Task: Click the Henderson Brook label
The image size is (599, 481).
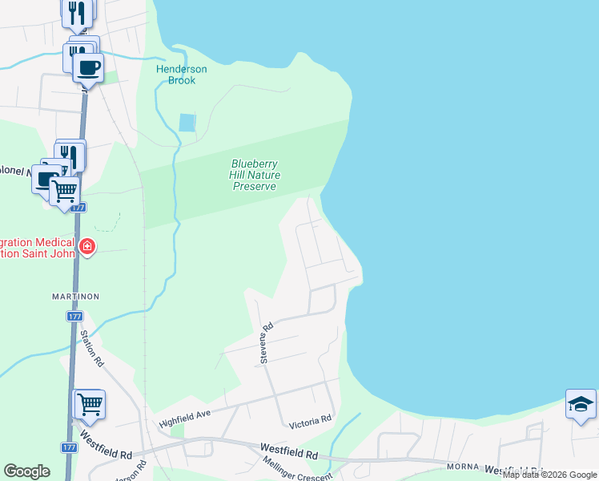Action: pos(181,75)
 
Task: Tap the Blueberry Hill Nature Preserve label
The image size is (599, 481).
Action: pos(255,176)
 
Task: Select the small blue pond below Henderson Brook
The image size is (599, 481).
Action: pos(187,123)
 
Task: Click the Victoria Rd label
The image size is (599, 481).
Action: pos(310,419)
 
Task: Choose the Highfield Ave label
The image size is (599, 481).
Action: pos(183,418)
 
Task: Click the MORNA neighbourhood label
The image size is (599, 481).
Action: pos(460,467)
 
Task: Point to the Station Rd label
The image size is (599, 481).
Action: pos(92,350)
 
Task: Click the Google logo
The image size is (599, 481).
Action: pos(26,471)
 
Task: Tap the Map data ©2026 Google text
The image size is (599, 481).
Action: pos(550,475)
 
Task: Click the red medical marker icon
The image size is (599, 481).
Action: pos(87,247)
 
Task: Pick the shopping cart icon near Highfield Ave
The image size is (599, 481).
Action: pos(90,404)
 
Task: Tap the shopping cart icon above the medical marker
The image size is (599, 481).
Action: pos(64,191)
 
